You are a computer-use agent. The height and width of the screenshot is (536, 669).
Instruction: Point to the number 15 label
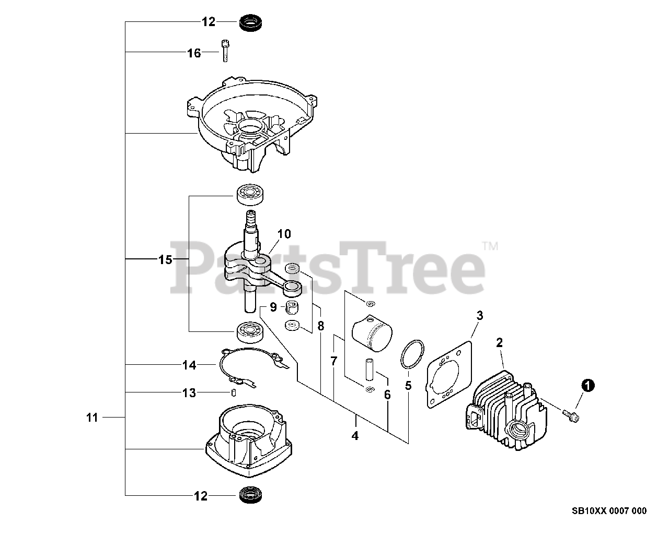click(165, 259)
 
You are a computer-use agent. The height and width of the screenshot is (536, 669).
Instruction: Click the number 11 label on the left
click(92, 418)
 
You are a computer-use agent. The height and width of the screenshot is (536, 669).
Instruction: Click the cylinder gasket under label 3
click(449, 373)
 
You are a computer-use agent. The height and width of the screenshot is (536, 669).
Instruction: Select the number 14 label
click(189, 366)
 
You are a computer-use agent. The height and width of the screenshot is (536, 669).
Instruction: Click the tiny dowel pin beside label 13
click(234, 392)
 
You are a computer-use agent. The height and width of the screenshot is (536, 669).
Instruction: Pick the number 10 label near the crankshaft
click(284, 234)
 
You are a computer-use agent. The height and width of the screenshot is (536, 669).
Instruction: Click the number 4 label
click(355, 436)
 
